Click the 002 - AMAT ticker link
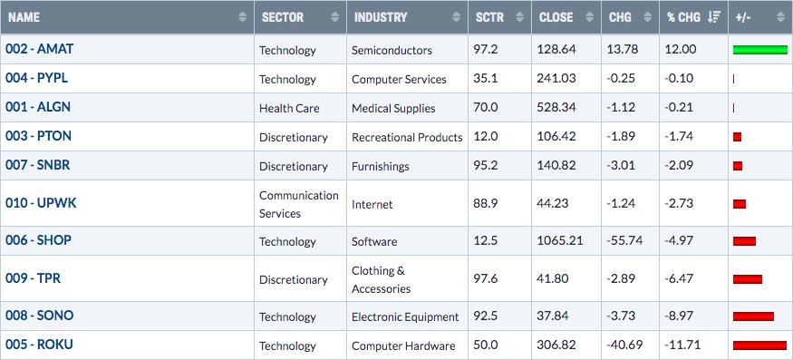[40, 49]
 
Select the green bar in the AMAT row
[760, 50]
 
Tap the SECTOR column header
[283, 17]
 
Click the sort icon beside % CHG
[714, 17]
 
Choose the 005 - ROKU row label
[40, 345]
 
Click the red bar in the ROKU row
[759, 345]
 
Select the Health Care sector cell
[289, 108]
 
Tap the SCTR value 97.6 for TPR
[486, 279]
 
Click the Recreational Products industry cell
[407, 137]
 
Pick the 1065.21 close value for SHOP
[560, 241]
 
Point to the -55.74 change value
[625, 241]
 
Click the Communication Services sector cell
[299, 204]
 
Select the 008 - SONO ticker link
[40, 316]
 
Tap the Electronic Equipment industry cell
[405, 317]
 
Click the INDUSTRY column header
[381, 17]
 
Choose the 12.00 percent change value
[681, 50]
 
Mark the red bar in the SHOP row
[744, 241]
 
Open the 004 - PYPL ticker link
[36, 79]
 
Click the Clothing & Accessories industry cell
[382, 279]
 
